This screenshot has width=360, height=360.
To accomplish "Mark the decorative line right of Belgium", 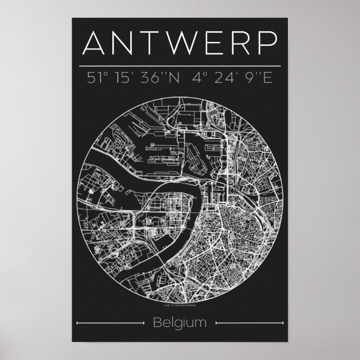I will (x=248, y=323).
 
